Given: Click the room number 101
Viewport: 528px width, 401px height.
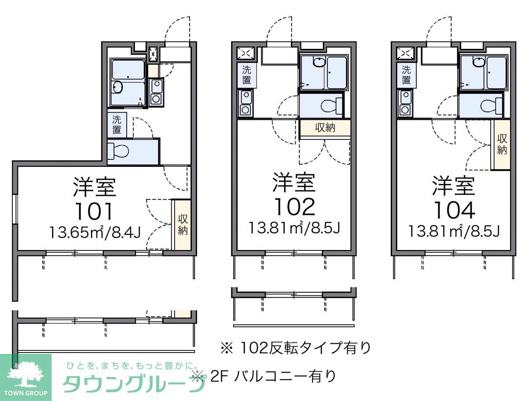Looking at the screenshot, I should [x=94, y=212].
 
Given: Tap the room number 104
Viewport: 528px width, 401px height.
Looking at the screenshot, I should [x=454, y=210].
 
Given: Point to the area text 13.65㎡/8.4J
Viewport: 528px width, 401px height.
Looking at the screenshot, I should [x=95, y=232].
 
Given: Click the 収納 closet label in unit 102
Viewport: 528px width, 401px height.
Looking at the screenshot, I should [x=325, y=128].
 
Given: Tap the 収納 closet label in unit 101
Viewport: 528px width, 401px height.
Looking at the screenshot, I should [x=183, y=224].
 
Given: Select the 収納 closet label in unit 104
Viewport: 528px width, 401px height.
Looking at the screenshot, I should [x=502, y=144].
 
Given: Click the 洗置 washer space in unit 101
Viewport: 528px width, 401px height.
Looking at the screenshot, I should [x=117, y=125].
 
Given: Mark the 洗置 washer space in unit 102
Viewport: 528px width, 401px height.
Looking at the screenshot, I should [x=246, y=75].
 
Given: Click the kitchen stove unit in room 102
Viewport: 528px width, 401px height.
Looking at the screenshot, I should [x=246, y=103].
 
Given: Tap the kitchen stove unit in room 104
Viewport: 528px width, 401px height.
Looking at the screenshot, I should [x=405, y=103].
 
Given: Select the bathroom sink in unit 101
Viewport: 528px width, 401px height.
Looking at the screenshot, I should [x=117, y=87].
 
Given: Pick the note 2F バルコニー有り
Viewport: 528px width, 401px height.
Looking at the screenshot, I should [x=273, y=375].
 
